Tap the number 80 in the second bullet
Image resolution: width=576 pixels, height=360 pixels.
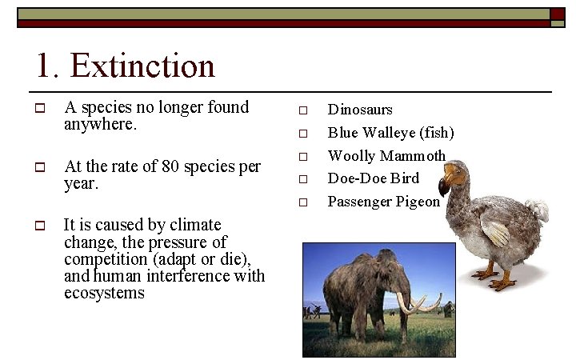pyautogui.click(x=170, y=166)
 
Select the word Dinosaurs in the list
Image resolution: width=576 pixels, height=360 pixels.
pyautogui.click(x=360, y=110)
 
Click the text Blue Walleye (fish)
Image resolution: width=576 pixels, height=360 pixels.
pyautogui.click(x=390, y=133)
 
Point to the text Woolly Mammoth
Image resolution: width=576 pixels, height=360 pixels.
pyautogui.click(x=386, y=155)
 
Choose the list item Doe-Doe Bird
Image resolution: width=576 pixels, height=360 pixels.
pyautogui.click(x=374, y=178)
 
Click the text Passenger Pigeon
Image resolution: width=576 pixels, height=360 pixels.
pyautogui.click(x=384, y=201)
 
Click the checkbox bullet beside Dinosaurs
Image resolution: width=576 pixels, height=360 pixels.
pyautogui.click(x=303, y=110)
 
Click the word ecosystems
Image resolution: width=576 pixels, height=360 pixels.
pyautogui.click(x=104, y=293)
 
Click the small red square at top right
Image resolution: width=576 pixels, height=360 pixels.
pyautogui.click(x=558, y=14)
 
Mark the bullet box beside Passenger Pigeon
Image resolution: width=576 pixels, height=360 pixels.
pyautogui.click(x=303, y=202)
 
